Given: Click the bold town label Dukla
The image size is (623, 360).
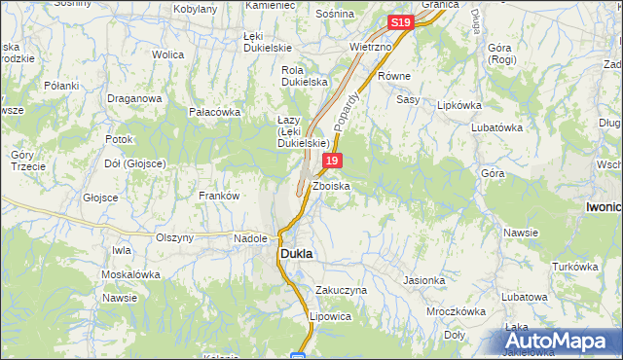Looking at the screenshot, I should [x=297, y=253].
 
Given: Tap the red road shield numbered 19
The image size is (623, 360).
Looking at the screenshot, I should [x=333, y=161].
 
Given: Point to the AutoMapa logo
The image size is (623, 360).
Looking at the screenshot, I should [x=562, y=342].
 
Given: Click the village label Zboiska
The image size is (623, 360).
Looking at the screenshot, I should [x=331, y=185].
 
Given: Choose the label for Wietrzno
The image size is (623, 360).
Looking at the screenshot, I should [x=370, y=46].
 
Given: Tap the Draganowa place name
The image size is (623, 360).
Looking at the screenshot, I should [x=133, y=97].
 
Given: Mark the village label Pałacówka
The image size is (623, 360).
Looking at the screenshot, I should [x=214, y=112].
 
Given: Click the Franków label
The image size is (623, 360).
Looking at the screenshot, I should [x=219, y=196].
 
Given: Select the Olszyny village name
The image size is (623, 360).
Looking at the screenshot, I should [x=175, y=237].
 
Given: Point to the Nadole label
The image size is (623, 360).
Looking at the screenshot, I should [x=250, y=237].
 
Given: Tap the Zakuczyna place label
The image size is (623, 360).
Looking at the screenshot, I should [x=341, y=290].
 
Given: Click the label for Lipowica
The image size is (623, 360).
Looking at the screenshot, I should [x=329, y=316].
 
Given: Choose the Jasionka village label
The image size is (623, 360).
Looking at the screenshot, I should [x=424, y=280].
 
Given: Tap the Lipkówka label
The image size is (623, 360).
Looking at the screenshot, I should [x=461, y=104].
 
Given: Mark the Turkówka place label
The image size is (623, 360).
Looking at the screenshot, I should [x=574, y=267].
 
